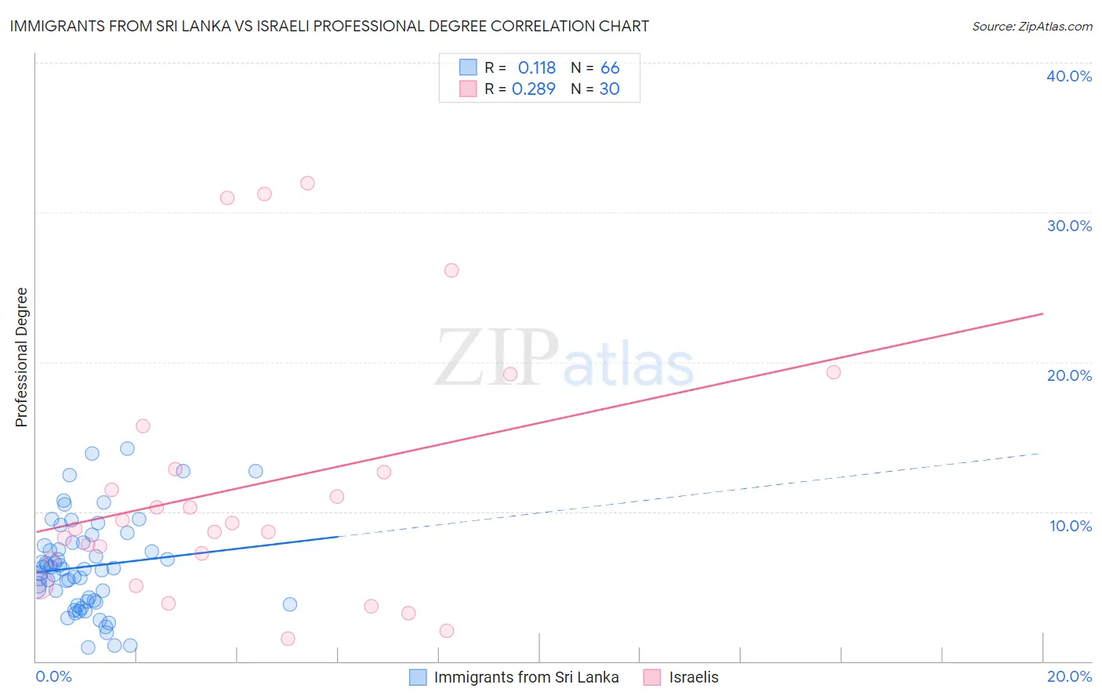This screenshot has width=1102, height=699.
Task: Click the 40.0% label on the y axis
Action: tap(1069, 76)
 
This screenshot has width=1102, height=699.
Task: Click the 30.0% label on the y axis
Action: tap(1069, 226)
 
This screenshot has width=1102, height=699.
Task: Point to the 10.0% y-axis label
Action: tap(1071, 526)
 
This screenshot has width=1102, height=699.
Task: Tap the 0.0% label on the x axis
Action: tap(53, 676)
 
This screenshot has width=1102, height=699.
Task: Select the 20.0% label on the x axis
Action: tap(1069, 676)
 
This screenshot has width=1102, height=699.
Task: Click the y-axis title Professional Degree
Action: tap(21, 357)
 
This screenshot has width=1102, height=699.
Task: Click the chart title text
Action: tap(329, 26)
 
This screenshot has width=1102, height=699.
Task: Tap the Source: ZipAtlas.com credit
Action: tap(1031, 26)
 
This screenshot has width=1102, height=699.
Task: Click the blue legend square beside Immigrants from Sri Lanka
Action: tap(419, 677)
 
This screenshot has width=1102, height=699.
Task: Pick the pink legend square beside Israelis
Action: tap(652, 677)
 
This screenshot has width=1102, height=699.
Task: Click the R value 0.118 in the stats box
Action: tap(536, 68)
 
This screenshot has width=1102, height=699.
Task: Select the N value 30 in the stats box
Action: tap(609, 89)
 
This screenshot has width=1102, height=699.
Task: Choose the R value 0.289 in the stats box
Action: tap(533, 89)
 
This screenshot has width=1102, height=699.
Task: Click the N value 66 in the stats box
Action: tap(610, 68)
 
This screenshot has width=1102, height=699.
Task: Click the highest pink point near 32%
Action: tap(307, 183)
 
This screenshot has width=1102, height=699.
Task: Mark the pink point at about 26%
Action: tap(451, 270)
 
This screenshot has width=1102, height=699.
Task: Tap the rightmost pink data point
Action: tap(834, 372)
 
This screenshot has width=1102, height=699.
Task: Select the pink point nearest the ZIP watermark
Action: tap(510, 375)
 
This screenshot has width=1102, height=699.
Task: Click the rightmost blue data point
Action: tap(290, 604)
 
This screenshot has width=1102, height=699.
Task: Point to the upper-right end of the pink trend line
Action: tap(1042, 314)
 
